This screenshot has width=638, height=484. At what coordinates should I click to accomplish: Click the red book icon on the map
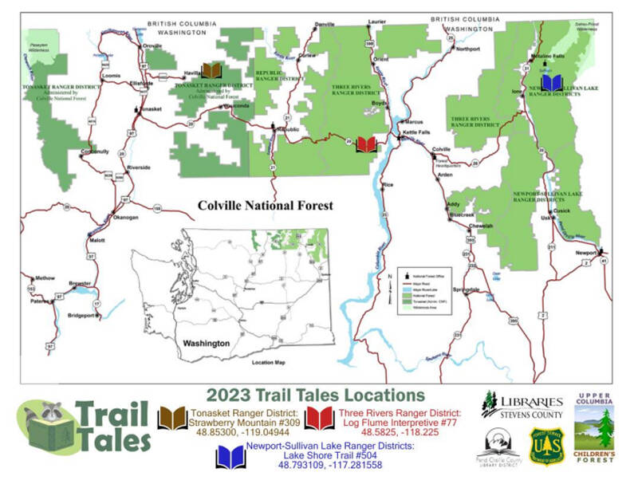click(x=366, y=144)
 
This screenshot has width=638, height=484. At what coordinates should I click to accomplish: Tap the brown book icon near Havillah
click(x=211, y=71)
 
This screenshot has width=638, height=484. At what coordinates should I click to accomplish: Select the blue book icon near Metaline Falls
click(x=552, y=83)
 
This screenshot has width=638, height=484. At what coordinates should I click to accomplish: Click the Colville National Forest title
click(x=266, y=205)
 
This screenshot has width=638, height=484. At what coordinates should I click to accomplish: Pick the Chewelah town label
click(x=480, y=226)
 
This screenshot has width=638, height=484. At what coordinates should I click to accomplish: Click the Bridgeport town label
click(x=84, y=316)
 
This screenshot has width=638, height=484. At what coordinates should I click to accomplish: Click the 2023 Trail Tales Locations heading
click(x=315, y=395)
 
